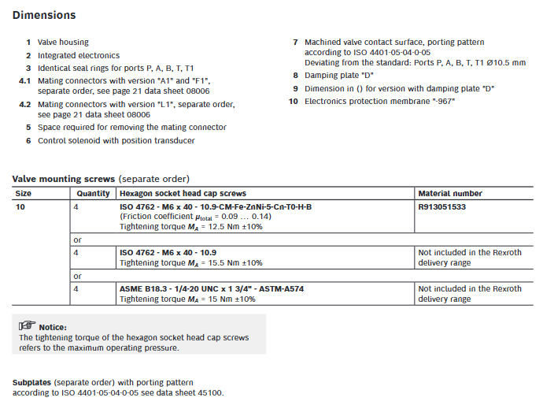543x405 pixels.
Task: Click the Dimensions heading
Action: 44,15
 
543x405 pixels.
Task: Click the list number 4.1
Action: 24,80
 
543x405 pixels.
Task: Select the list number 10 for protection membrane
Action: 293,101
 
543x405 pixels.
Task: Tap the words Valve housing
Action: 63,42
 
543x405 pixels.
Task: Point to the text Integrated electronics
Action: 79,55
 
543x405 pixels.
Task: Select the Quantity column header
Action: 94,193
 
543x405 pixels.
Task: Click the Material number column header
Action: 450,193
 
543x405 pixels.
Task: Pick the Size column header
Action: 24,193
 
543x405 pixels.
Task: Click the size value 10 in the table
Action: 20,206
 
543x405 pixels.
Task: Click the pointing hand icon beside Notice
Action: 28,326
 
